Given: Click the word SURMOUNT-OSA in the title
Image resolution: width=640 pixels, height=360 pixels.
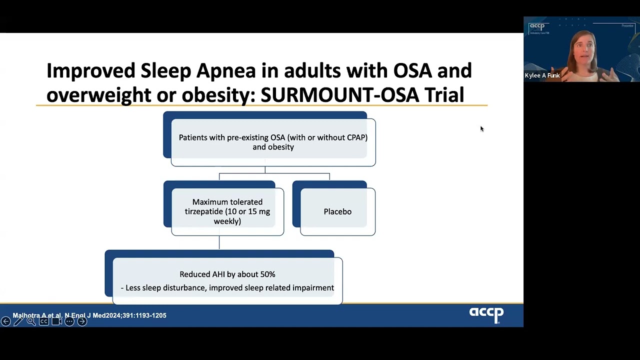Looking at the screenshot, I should click(x=339, y=95).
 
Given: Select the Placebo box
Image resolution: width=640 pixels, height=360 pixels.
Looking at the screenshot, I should click(x=337, y=211).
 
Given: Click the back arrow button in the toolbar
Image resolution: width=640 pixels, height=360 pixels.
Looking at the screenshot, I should click(x=5, y=321).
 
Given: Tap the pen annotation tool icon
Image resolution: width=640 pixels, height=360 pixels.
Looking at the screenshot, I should click(x=18, y=321).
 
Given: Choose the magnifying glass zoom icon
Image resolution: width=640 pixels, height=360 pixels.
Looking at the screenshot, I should click(x=31, y=321).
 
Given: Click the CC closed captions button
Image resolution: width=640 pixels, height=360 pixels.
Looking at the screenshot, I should click(x=44, y=321).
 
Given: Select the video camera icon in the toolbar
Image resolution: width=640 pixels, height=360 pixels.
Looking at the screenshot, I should click(x=56, y=321).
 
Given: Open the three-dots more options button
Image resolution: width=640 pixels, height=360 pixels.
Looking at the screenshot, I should click(x=69, y=321).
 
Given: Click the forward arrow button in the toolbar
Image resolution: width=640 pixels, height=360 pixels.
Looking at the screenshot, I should click(x=82, y=321).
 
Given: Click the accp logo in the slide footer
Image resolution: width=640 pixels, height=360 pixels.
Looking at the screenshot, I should click(x=486, y=314).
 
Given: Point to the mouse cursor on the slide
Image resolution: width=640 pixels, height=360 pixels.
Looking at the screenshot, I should click(x=481, y=128).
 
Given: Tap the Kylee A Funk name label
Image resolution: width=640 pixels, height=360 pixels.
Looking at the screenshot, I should click(x=542, y=75).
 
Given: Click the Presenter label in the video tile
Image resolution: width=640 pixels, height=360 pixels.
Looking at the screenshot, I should click(x=627, y=25).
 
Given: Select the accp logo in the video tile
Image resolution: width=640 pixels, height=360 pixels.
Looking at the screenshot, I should click(x=537, y=26).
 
